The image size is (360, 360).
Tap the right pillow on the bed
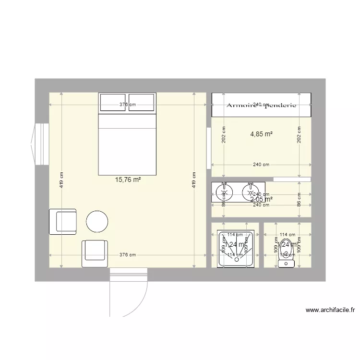[x=142, y=102]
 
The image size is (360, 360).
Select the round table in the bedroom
[x=98, y=221]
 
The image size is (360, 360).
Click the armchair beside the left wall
[x=63, y=221]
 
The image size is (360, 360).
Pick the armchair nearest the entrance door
[x=95, y=253]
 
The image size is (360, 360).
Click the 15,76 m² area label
[x=128, y=180]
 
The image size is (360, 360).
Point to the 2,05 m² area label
[x=262, y=199]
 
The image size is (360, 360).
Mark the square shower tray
[x=235, y=249]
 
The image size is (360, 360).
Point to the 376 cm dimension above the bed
[x=128, y=105]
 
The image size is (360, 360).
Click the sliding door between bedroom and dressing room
[x=208, y=148]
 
